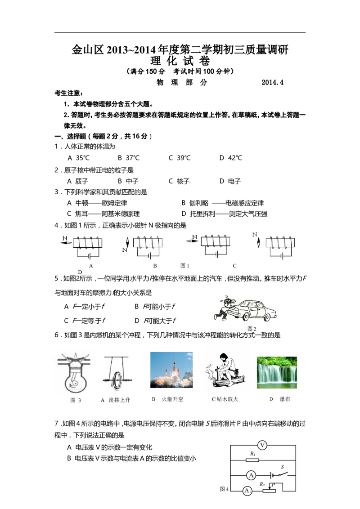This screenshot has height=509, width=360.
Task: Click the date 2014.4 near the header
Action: click(x=272, y=82)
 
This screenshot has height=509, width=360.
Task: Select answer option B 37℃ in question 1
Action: click(x=128, y=158)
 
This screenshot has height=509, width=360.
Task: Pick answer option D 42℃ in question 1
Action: click(x=231, y=158)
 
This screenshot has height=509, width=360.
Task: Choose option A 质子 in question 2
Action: click(x=77, y=181)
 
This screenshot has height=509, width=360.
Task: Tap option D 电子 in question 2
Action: click(x=230, y=181)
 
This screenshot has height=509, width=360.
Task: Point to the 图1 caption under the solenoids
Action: click(x=184, y=266)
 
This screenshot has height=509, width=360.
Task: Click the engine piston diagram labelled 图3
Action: click(x=75, y=372)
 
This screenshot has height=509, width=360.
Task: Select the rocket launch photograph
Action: click(x=171, y=370)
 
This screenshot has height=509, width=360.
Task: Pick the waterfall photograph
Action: click(x=277, y=372)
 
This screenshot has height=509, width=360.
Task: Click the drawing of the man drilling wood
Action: click(x=224, y=371)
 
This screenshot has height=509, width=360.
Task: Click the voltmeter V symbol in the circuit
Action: click(x=262, y=445)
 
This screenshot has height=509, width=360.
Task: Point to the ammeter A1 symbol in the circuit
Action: click(x=247, y=491)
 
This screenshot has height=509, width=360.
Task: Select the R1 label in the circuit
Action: click(x=253, y=454)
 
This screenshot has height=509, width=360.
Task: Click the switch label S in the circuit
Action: click(x=282, y=467)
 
